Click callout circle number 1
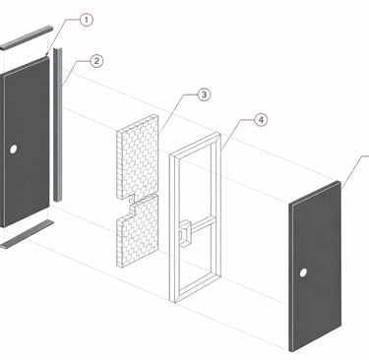pyautogui.click(x=86, y=20)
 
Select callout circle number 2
pyautogui.click(x=96, y=61)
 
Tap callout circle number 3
pyautogui.click(x=204, y=94)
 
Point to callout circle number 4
pyautogui.click(x=261, y=120)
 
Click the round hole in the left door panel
pyautogui.click(x=13, y=150)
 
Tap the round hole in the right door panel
pyautogui.click(x=303, y=272)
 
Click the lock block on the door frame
pyautogui.click(x=185, y=233)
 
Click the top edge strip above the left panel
pyautogui.click(x=27, y=37)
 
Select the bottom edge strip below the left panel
pyautogui.click(x=27, y=234)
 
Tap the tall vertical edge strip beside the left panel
pyautogui.click(x=58, y=125)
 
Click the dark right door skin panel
pyautogui.click(x=315, y=267)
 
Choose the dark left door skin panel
pyautogui.click(x=25, y=142)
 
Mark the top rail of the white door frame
pyautogui.click(x=196, y=145)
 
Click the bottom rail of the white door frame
pyautogui.click(x=196, y=288)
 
